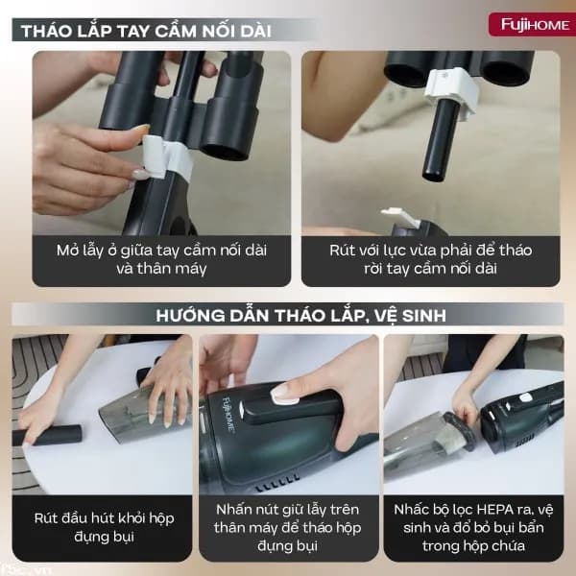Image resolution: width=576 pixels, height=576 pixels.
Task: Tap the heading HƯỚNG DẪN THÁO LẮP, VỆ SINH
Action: click(289, 314)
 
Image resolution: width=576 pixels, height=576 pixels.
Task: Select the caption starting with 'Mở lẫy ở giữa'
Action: click(161, 259)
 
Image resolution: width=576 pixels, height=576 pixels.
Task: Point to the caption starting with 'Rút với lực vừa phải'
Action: click(429, 259)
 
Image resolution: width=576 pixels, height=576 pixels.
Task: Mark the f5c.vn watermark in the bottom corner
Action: click(13, 567)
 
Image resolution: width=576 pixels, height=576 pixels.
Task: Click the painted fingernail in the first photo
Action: click(140, 175)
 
